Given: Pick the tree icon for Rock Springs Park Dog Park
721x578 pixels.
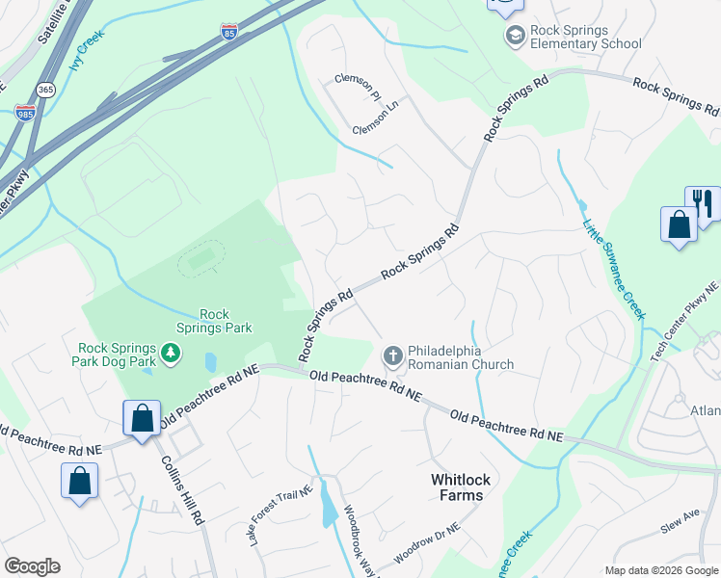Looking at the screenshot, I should point(171,353).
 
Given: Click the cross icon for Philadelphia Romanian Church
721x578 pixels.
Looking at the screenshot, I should point(392,356).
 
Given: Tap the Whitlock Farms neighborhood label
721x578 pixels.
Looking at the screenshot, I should point(456,486).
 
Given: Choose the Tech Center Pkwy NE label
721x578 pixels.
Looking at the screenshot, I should point(684,322).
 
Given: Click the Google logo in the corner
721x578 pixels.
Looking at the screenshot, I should point(32,565).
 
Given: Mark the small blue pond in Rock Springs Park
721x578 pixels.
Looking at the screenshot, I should point(211,362).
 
